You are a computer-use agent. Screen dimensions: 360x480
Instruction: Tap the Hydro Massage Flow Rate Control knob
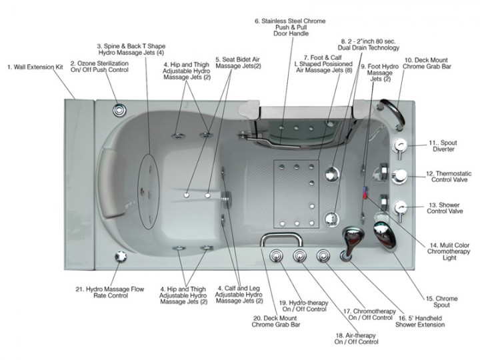[x=120, y=256]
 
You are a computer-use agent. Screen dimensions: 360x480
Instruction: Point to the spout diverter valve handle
[x=401, y=146]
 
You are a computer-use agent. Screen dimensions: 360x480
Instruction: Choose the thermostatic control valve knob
[x=401, y=176]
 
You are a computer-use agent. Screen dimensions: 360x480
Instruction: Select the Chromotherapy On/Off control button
[x=324, y=256]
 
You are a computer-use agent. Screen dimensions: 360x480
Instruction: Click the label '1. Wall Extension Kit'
[x=35, y=67]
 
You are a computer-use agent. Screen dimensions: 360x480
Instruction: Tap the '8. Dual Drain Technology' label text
[x=370, y=44]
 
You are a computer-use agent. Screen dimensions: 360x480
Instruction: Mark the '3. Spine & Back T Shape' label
[x=131, y=49]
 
